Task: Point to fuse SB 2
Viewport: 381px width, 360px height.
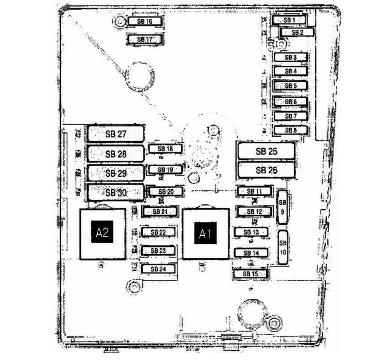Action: [x=296, y=32]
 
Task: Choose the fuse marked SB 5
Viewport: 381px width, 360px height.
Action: [x=291, y=85]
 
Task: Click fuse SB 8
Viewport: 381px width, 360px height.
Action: [x=291, y=130]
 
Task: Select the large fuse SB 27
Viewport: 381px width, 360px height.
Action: [x=116, y=134]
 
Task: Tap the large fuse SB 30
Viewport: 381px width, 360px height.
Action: [x=116, y=193]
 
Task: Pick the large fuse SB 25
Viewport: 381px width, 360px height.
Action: [x=266, y=151]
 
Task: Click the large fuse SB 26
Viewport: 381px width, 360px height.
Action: [x=266, y=171]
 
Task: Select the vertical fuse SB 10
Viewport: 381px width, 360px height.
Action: [x=283, y=247]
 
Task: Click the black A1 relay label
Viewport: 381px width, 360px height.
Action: [x=205, y=234]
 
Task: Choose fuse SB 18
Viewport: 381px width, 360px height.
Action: [x=166, y=149]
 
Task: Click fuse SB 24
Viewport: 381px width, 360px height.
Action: [x=158, y=269]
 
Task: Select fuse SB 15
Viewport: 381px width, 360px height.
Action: [x=250, y=274]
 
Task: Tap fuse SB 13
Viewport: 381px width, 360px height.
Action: [x=251, y=232]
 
